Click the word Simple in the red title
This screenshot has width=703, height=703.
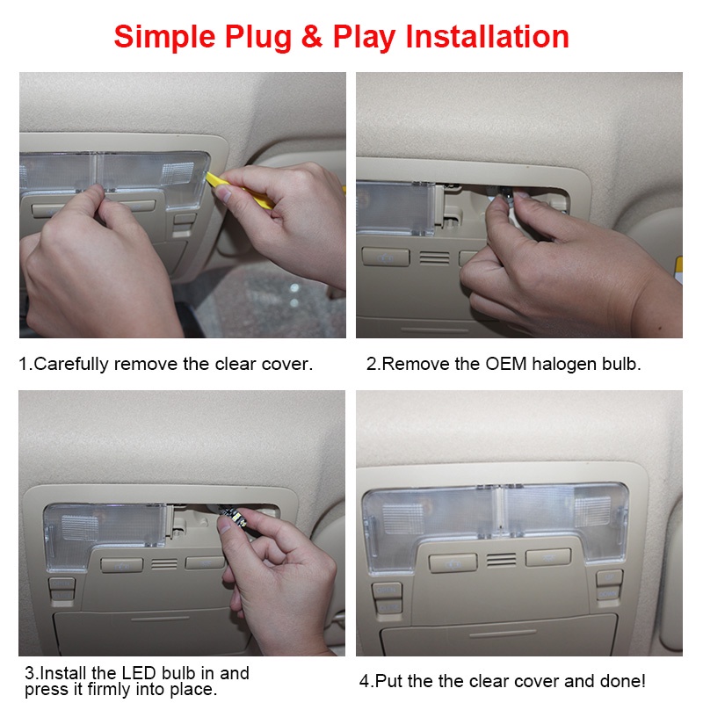[164, 37]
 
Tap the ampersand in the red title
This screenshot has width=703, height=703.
[312, 36]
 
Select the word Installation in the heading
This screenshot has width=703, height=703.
[488, 36]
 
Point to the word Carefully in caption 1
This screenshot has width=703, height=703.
[71, 364]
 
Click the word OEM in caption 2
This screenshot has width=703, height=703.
[506, 364]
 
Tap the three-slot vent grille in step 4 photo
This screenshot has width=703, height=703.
[501, 560]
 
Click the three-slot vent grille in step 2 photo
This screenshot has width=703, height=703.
[434, 258]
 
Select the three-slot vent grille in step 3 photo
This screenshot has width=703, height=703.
[164, 564]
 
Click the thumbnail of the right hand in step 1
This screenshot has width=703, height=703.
[223, 193]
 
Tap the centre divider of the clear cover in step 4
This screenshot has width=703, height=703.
[498, 511]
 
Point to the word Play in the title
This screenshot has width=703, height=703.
[364, 37]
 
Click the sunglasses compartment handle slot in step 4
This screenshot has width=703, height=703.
[503, 634]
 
